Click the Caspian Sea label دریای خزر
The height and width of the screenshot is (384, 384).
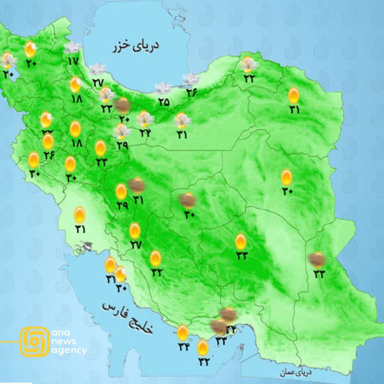pyautogui.click(x=136, y=46)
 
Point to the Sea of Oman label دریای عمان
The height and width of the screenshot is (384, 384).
pyautogui.click(x=296, y=373)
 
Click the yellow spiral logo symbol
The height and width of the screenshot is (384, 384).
pyautogui.click(x=34, y=341)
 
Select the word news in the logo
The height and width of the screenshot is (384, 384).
pyautogui.click(x=64, y=341)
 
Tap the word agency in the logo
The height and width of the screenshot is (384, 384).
pyautogui.click(x=69, y=350)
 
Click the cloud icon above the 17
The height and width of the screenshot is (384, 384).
pyautogui.click(x=72, y=48)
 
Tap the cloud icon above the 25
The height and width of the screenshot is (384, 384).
pyautogui.click(x=163, y=88)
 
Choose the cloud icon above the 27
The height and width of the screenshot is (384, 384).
pyautogui.click(x=97, y=69)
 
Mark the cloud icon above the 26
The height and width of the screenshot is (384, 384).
pyautogui.click(x=191, y=79)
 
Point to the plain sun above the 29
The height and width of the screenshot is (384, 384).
pyautogui.click(x=121, y=191)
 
